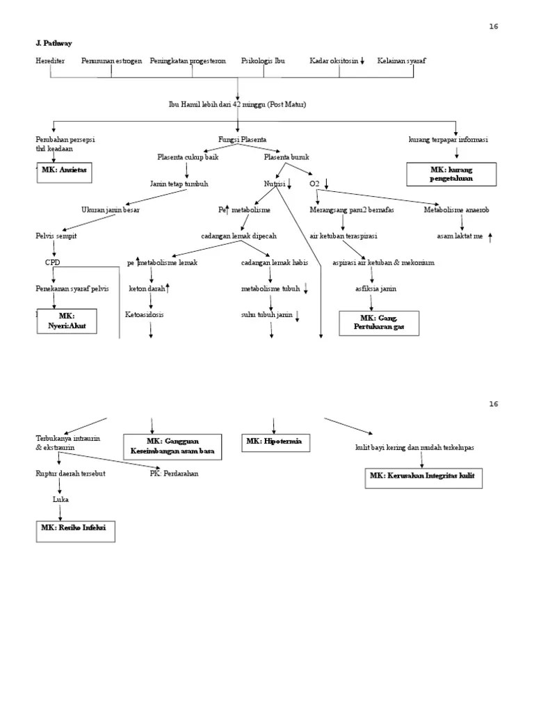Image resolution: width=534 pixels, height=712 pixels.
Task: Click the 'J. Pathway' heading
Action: pyautogui.click(x=53, y=43)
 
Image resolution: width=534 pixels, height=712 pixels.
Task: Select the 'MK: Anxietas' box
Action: pyautogui.click(x=65, y=170)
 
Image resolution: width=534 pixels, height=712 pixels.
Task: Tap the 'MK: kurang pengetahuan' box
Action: pyautogui.click(x=451, y=174)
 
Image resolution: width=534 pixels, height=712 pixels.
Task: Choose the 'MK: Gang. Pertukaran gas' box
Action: pyautogui.click(x=378, y=323)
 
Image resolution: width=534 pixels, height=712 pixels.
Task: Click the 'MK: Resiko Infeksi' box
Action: pyautogui.click(x=75, y=531)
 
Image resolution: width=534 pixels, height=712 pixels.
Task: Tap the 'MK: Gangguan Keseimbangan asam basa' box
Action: pyautogui.click(x=172, y=446)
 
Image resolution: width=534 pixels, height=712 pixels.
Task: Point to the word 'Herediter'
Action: pyautogui.click(x=50, y=61)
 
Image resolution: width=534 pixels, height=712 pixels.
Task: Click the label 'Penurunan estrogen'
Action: pyautogui.click(x=111, y=61)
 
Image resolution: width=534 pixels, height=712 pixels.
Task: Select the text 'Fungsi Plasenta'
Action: pyautogui.click(x=242, y=140)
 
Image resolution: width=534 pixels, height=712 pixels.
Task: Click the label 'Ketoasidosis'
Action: pyautogui.click(x=145, y=314)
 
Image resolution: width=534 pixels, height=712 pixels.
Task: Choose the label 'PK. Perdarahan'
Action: pyautogui.click(x=174, y=474)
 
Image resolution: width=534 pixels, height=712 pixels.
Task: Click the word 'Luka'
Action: pyautogui.click(x=60, y=499)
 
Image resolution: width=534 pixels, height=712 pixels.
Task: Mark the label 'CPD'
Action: pyautogui.click(x=53, y=263)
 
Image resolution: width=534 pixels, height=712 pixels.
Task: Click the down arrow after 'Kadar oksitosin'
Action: pyautogui.click(x=362, y=61)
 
